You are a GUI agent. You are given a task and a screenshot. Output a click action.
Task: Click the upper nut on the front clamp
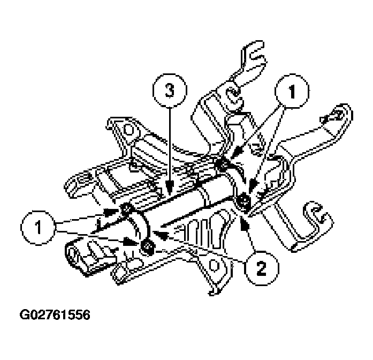(127, 209)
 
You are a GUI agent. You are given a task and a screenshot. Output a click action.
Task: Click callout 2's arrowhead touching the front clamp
(155, 232)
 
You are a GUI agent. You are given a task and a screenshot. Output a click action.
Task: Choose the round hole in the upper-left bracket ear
(127, 130)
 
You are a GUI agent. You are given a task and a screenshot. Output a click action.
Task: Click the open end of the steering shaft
(73, 251)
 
